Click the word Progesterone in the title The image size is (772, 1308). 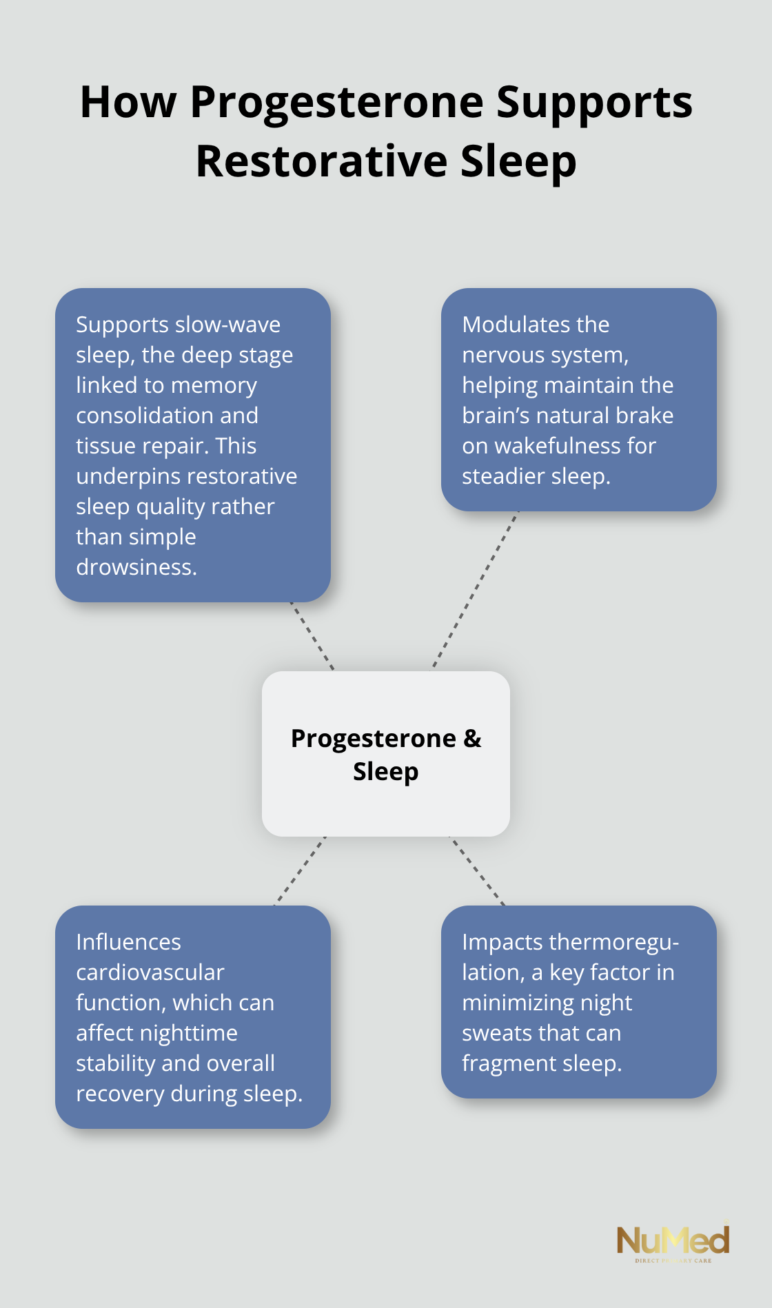tap(337, 103)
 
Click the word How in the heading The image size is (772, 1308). tap(128, 103)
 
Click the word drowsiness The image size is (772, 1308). tap(136, 567)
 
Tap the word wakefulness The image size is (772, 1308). tap(558, 446)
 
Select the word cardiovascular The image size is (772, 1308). tap(150, 972)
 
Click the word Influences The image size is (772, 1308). tap(128, 942)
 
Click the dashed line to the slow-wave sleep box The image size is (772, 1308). tap(312, 636)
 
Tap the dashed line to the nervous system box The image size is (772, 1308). tap(476, 589)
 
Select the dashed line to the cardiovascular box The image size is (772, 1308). tap(300, 871)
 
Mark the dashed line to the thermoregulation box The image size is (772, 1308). tap(477, 871)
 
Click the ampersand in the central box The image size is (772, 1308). tap(472, 739)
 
